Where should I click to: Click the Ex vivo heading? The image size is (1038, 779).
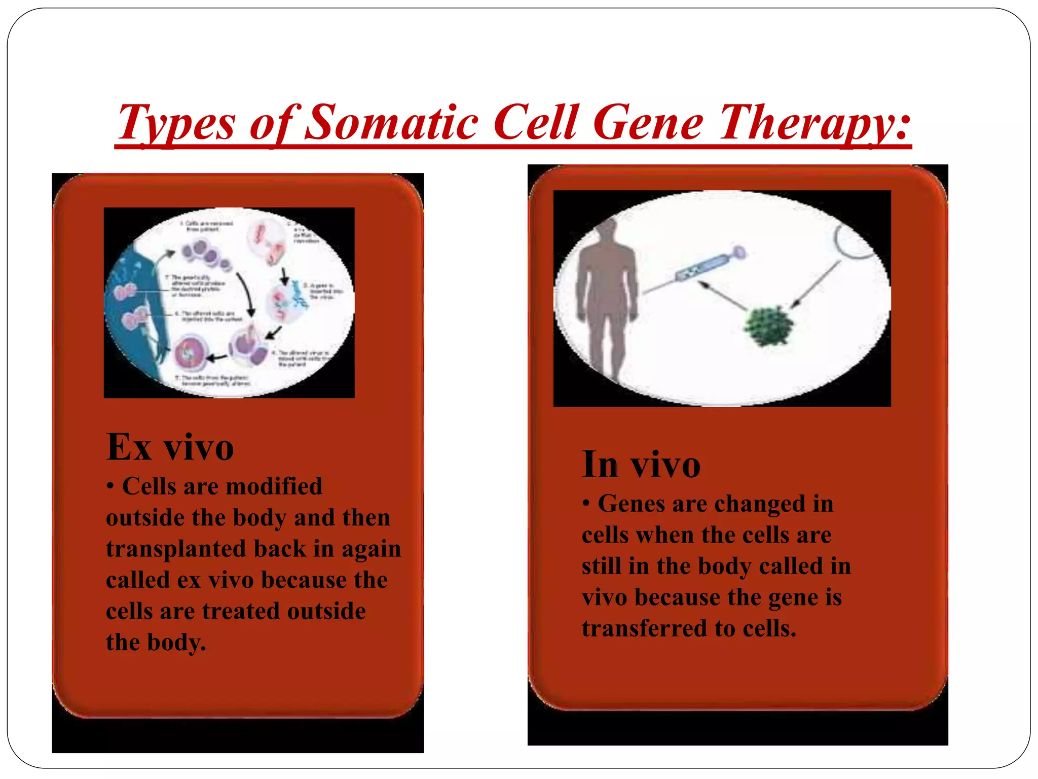170,447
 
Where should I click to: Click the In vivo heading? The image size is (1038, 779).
641,465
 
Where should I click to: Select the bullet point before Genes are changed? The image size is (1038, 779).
586,504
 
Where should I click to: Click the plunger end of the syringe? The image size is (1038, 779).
739,252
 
